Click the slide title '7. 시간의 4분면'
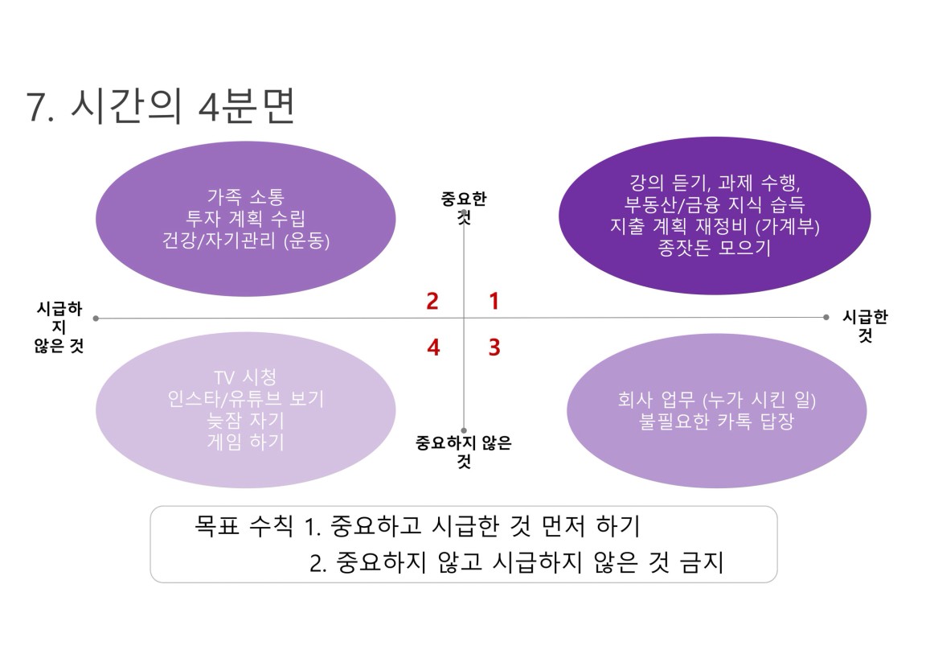click(161, 107)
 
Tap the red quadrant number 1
click(494, 302)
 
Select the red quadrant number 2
click(432, 302)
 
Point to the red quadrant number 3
click(494, 347)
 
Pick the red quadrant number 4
click(433, 347)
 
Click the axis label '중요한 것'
click(464, 208)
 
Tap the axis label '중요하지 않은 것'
click(464, 451)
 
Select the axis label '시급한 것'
click(866, 326)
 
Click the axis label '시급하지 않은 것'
click(59, 327)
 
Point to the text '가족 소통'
click(245, 196)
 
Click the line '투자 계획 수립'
click(245, 218)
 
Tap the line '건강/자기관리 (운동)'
click(245, 241)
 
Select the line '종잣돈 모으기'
click(715, 248)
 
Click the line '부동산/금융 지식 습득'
click(715, 204)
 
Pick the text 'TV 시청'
click(245, 376)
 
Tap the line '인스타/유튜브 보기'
click(245, 399)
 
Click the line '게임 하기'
click(245, 442)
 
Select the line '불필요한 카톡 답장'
click(716, 422)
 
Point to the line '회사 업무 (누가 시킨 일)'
click(716, 400)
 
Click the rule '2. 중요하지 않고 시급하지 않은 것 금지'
click(517, 562)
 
